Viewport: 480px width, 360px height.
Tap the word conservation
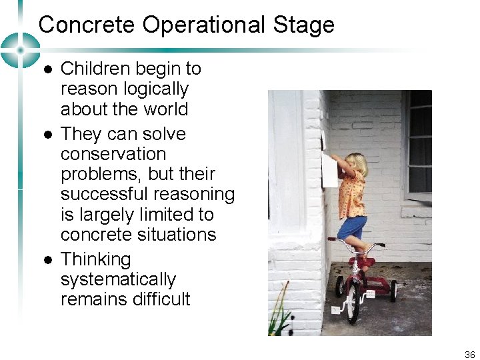pyautogui.click(x=113, y=154)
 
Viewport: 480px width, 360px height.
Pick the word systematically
pyautogui.click(x=118, y=279)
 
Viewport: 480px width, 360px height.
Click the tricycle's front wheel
pyautogui.click(x=353, y=305)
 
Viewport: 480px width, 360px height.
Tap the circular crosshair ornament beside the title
pyautogui.click(x=19, y=50)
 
